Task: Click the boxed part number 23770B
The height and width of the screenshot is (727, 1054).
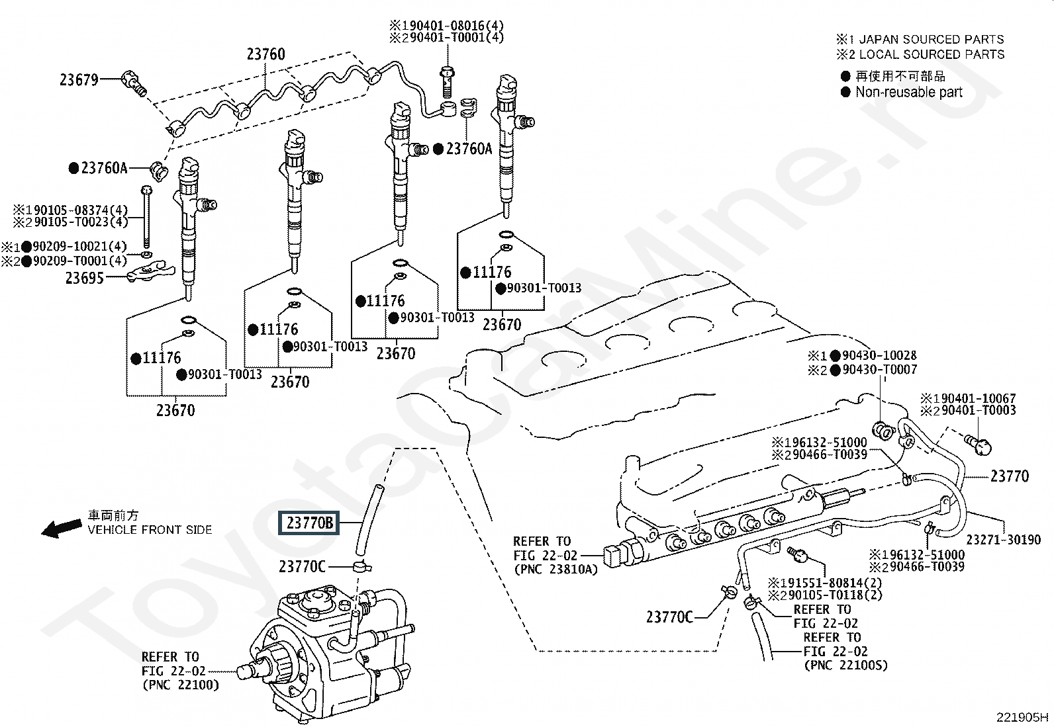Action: point(309,523)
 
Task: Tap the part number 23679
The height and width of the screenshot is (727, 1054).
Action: point(79,80)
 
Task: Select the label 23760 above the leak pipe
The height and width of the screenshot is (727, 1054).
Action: point(265,54)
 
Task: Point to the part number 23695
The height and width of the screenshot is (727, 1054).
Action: point(84,278)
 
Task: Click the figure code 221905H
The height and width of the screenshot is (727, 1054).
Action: point(1022,717)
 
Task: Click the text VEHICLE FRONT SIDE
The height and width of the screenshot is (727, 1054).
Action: point(150,530)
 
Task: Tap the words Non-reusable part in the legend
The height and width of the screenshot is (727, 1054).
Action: point(908,92)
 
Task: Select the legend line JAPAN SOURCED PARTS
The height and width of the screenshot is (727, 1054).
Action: point(931,40)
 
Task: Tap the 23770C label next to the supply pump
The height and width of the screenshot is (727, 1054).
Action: point(302,566)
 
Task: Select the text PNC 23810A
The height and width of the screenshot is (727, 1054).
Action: point(555,569)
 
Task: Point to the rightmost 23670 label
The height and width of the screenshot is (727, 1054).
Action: point(501,324)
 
